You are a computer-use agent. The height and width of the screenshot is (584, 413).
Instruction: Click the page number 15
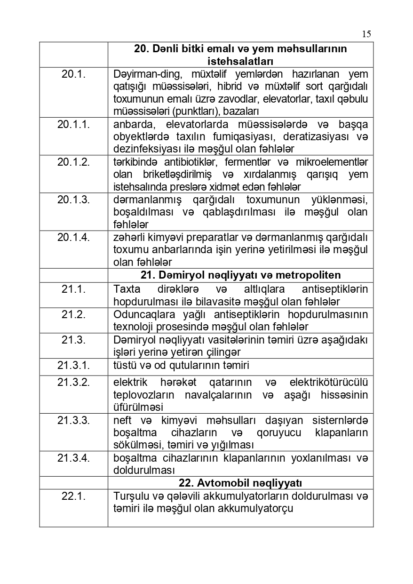coord(366,33)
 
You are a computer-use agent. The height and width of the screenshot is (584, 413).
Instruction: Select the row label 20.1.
coord(73,74)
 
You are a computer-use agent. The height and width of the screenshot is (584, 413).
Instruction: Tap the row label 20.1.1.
coord(73,124)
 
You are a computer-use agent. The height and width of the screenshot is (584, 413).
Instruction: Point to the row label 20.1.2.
coord(73,162)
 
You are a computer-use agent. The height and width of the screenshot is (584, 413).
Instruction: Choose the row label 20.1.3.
coord(73,200)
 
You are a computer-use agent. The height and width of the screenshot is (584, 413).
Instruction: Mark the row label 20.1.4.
coord(73,237)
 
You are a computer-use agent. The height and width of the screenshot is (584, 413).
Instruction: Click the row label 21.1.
coord(73,289)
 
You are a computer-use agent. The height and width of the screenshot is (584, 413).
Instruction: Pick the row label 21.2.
coord(73,314)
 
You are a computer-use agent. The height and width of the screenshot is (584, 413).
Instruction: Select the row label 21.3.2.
coord(73,382)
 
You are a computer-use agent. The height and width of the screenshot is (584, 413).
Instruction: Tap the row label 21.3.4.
coord(73,457)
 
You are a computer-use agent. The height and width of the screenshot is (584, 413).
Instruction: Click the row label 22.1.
coord(73,496)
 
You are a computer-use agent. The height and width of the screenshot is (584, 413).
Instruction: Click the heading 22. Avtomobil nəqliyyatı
coord(240,483)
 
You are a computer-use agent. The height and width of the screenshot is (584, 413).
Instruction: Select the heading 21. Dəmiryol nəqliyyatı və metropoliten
coord(240,275)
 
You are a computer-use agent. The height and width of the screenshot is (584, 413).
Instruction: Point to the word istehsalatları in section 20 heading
coord(240,61)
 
